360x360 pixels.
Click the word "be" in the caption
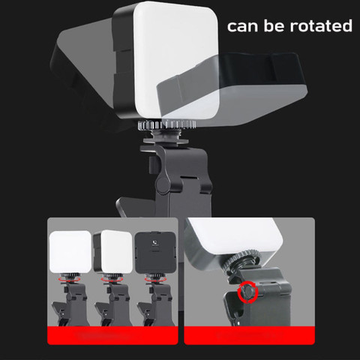click(275, 26)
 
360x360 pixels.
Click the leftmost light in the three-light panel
click(70, 251)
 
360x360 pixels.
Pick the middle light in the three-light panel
click(112, 251)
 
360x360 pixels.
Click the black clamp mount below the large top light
click(172, 180)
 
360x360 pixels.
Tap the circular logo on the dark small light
click(154, 244)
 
